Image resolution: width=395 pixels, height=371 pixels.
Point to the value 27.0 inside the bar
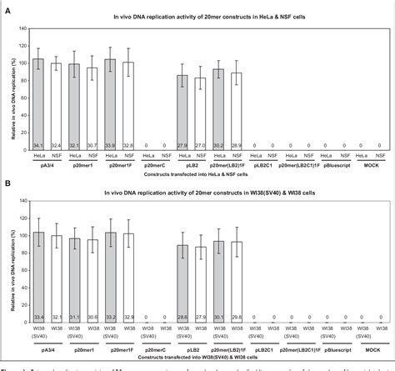pos(200,144)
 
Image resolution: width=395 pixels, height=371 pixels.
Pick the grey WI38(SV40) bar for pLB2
pos(182,283)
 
